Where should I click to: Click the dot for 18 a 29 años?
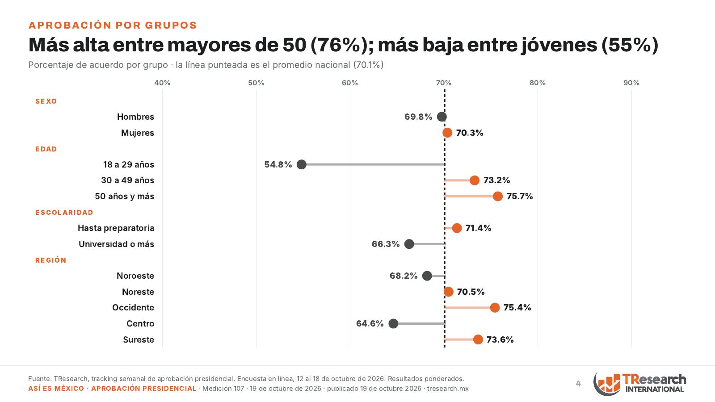coord(301,165)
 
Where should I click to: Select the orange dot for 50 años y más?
coord(498,196)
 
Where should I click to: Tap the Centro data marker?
coord(393,323)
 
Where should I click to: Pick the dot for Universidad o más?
coord(409,244)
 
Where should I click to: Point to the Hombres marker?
coord(442,117)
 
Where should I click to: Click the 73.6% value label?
coord(500,339)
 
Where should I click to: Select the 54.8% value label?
coord(278,165)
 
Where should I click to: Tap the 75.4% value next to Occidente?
coord(517,308)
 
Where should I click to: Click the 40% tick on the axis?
coord(162,83)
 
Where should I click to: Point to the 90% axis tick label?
coord(631,83)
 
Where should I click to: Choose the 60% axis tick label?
coord(350,83)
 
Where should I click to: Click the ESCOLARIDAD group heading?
coord(64,213)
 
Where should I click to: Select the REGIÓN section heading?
coord(51,260)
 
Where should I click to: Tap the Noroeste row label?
coord(135,276)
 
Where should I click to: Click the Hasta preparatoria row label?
coord(116,228)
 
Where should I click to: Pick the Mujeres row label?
coord(138,133)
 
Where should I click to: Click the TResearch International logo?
coord(639,383)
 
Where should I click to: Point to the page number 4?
coord(578,384)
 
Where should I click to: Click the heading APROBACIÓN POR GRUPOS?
coord(113,25)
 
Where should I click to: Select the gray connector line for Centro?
coord(419,323)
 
